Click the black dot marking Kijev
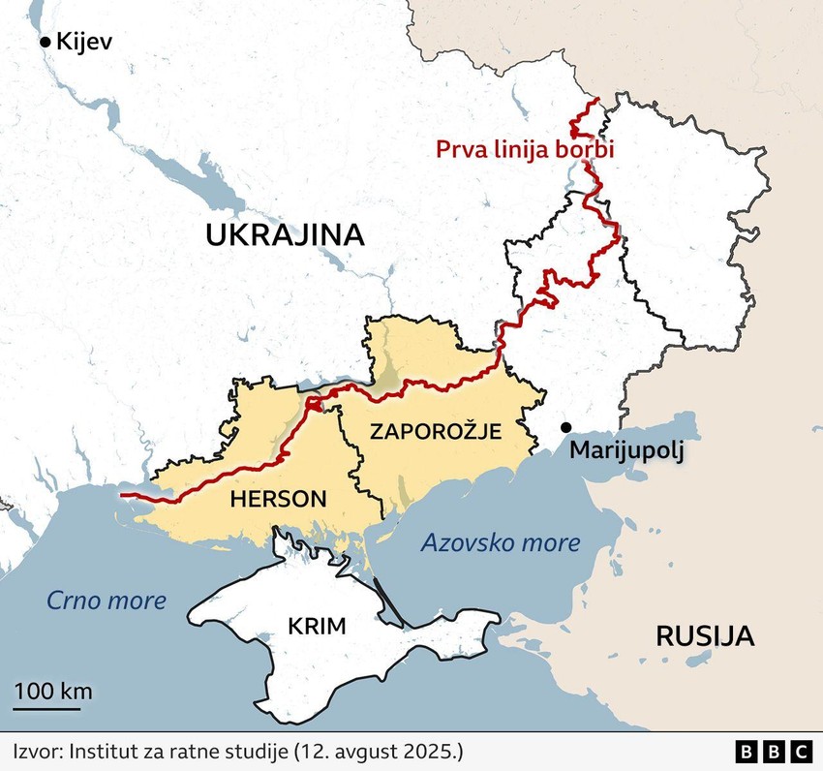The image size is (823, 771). pos(45,42)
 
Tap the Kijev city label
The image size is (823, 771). pos(85,42)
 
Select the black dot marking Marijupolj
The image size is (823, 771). pos(565,427)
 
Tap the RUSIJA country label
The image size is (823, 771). pos(704,636)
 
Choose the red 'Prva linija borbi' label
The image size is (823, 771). pos(526,150)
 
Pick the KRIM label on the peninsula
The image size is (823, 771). pos(317,626)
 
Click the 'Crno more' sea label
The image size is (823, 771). pos(107,601)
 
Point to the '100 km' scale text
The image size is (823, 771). pos(53,691)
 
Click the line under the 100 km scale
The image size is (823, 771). pos(46,708)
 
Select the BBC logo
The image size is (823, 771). pos(774,751)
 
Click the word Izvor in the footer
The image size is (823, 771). pos(36,751)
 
